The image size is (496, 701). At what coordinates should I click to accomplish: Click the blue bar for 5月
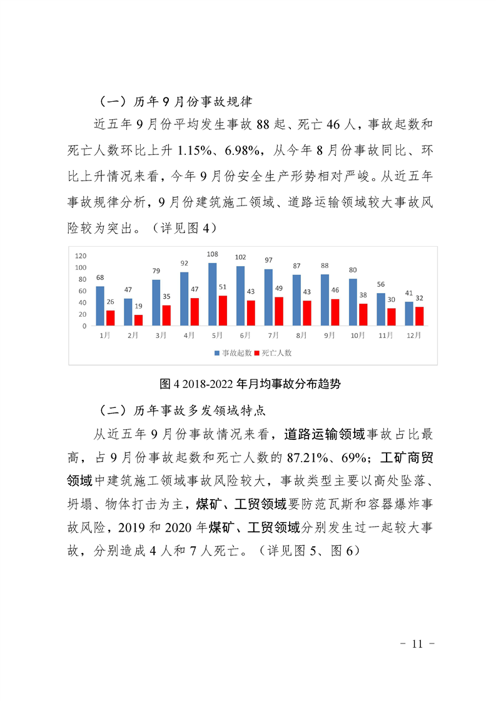coord(213,294)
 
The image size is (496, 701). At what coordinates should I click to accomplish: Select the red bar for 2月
coord(138,319)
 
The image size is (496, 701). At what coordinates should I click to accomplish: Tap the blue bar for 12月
coord(409,313)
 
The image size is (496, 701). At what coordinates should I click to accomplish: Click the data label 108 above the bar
coord(213,254)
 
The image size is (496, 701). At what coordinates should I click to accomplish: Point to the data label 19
coord(138,306)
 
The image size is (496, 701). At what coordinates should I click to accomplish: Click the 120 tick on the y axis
coord(80,256)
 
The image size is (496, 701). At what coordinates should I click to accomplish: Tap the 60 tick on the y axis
coord(82,291)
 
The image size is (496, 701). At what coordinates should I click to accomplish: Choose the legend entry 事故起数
coord(233,353)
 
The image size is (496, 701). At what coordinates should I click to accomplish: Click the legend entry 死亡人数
coord(274,353)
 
